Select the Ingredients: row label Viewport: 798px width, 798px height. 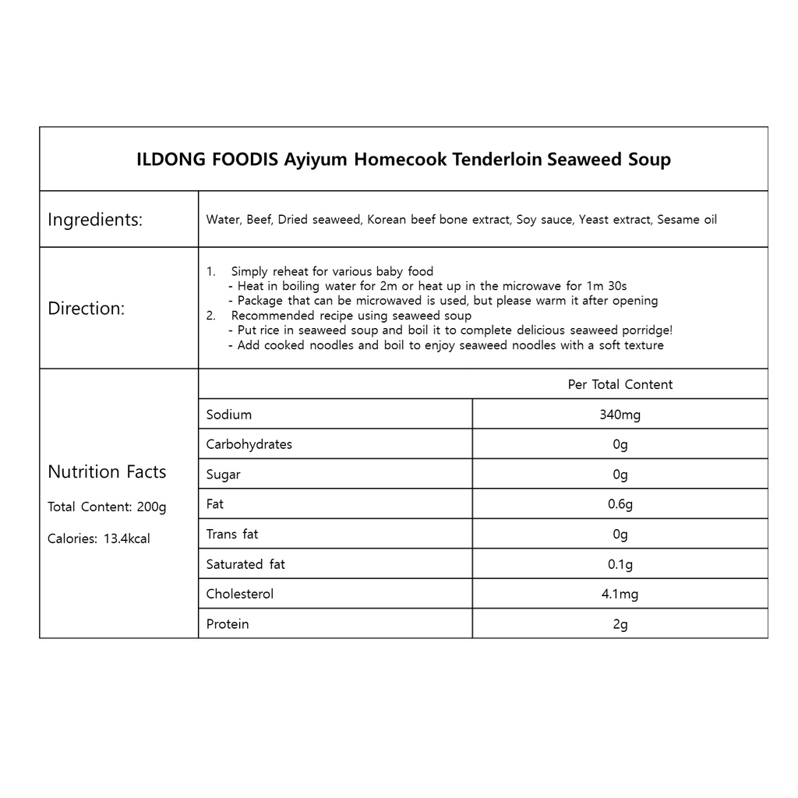click(95, 220)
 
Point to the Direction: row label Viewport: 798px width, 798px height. click(86, 309)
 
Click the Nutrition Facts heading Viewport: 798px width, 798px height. click(107, 471)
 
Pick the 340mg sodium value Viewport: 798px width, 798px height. click(620, 415)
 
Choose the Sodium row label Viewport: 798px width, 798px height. click(228, 415)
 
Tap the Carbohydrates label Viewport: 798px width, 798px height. click(249, 444)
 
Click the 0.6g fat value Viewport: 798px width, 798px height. click(620, 504)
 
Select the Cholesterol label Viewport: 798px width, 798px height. click(239, 594)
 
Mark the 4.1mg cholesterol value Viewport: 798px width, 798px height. click(620, 594)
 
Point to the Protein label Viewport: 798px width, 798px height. click(228, 624)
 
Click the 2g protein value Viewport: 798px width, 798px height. click(620, 624)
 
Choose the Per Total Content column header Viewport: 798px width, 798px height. click(620, 384)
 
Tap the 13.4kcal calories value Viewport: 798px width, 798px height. click(127, 538)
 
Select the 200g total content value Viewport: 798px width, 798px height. click(151, 507)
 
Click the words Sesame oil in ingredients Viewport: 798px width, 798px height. click(687, 220)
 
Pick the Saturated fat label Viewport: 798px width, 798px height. click(245, 564)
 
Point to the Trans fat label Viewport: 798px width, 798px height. click(231, 534)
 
